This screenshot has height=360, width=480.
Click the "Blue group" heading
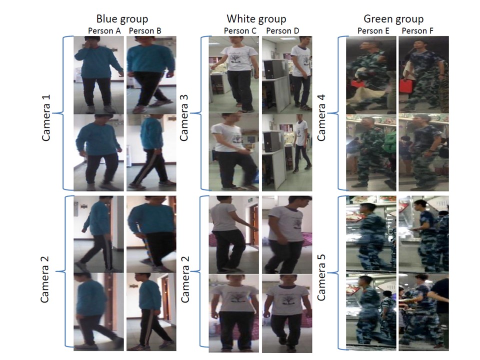[x=122, y=19]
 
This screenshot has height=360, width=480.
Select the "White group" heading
[x=256, y=19]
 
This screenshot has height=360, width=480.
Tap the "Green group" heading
[x=393, y=19]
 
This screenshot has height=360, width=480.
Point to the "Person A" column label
[x=104, y=31]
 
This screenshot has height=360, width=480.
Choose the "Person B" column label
[x=145, y=31]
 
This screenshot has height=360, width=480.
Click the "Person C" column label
[x=240, y=31]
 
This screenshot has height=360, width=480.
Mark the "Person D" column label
[x=282, y=31]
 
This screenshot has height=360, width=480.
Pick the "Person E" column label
[x=373, y=31]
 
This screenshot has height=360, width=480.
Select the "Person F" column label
[x=417, y=31]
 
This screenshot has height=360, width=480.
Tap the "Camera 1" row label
[x=45, y=118]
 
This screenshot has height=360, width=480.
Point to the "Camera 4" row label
[x=321, y=118]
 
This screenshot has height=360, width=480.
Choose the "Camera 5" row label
[x=321, y=277]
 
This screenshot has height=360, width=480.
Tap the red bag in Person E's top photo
[x=354, y=85]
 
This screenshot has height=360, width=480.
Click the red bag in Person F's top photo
[x=405, y=85]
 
